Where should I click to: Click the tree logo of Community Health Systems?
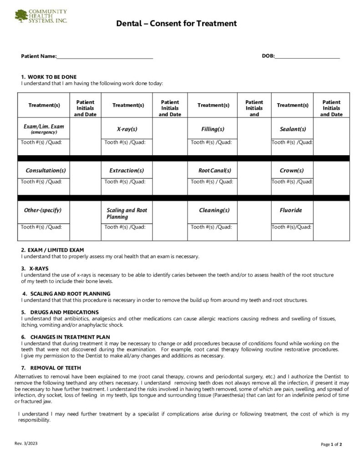[x=21, y=16]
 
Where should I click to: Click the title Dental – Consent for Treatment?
[x=177, y=24]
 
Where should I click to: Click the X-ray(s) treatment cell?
[x=127, y=129]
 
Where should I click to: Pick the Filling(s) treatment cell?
[x=213, y=129]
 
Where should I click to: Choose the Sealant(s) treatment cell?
[x=293, y=129]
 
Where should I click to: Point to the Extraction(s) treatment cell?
[x=127, y=171]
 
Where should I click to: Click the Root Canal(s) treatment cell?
[x=213, y=171]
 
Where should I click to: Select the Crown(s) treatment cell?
[x=292, y=171]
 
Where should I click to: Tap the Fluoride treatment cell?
[x=291, y=210]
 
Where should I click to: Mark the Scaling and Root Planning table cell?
[x=127, y=213]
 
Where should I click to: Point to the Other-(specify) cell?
[x=43, y=210]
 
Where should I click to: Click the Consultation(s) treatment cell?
[x=46, y=171]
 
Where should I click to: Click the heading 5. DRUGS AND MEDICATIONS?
[x=60, y=312]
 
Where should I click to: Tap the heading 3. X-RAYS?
[x=35, y=268]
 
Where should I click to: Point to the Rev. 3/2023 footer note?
[x=26, y=443]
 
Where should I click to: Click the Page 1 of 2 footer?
[x=331, y=444]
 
